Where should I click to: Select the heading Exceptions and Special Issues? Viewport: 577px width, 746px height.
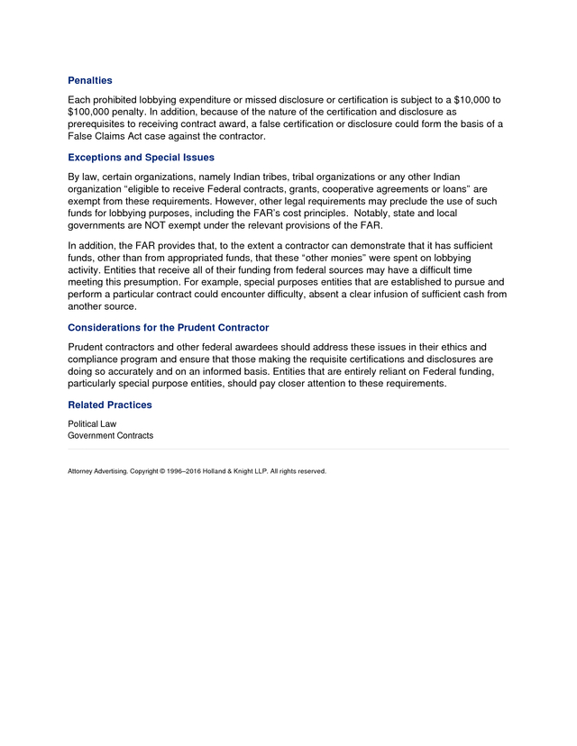pos(141,157)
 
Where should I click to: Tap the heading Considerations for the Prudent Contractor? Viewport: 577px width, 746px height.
pos(169,327)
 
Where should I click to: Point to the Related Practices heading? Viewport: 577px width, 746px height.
pos(110,405)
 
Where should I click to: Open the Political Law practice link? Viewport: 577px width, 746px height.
pos(92,423)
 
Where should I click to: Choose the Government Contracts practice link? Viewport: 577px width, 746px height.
pos(111,436)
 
